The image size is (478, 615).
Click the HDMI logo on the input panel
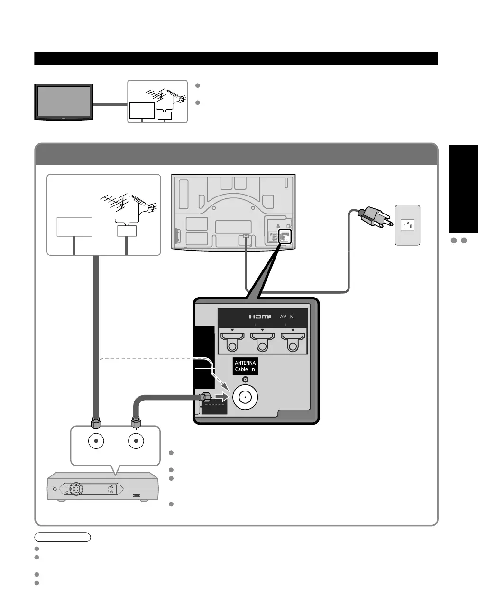click(260, 317)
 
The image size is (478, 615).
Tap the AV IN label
click(286, 317)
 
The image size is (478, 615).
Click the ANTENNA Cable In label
click(245, 366)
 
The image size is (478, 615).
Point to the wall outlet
click(407, 225)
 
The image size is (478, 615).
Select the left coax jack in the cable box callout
click(96, 441)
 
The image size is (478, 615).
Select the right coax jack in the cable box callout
click(136, 441)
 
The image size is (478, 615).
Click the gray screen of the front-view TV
click(63, 101)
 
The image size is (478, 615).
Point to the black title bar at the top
click(236, 59)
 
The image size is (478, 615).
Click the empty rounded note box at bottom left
click(62, 537)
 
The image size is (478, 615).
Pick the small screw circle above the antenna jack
click(245, 380)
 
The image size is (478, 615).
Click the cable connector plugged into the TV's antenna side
click(207, 398)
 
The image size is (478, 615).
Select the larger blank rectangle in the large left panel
click(74, 227)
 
